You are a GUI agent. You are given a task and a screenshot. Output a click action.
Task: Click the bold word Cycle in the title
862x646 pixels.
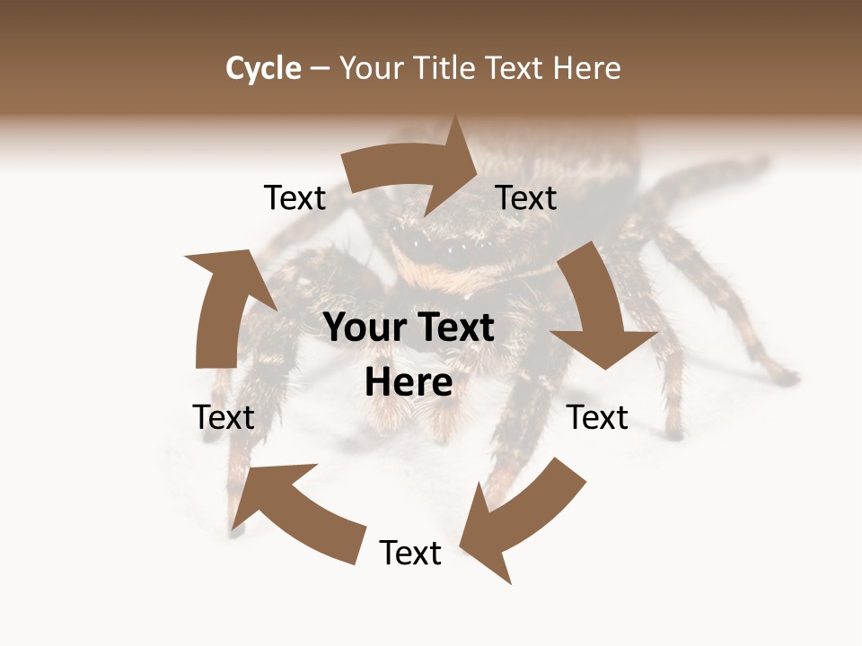coord(263,68)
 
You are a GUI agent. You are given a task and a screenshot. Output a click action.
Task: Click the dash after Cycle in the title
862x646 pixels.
coord(320,69)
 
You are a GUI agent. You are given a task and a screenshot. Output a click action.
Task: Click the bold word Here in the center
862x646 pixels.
coord(409,383)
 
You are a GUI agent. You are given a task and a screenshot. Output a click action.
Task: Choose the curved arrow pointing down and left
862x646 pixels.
coord(525,511)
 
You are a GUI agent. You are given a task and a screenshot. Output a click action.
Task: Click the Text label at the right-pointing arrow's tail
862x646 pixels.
coord(295,197)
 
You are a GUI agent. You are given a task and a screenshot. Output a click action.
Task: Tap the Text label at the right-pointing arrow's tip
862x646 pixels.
coord(526,197)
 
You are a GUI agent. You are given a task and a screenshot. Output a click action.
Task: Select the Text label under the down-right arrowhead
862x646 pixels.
coord(597,417)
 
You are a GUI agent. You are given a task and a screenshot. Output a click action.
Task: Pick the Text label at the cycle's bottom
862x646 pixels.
coord(410,553)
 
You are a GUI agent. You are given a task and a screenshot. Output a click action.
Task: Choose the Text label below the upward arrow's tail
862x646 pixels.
coord(224,417)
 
